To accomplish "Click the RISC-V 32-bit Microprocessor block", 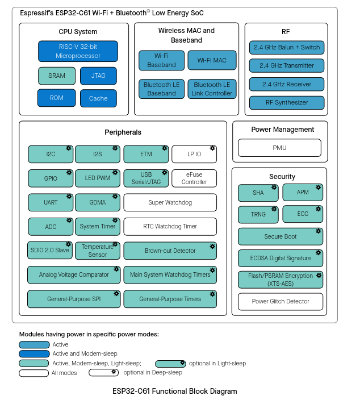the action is [78, 51].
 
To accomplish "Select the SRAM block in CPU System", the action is [57, 76].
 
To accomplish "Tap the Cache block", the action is [98, 98].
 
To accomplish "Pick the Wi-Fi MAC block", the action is [212, 60].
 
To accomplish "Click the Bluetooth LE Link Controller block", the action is [212, 89].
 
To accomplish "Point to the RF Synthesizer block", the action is [287, 102].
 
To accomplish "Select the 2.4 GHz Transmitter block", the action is [287, 65].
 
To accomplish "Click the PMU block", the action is [279, 148].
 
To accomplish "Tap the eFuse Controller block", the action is [194, 178].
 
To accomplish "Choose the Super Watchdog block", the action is [170, 202].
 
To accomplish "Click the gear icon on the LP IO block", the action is [212, 148].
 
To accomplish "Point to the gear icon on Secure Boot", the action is [319, 231].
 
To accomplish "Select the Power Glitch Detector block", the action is [281, 302].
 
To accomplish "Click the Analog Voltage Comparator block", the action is [74, 275].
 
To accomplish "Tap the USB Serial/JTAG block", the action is [146, 178].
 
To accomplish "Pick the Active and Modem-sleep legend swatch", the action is [34, 353].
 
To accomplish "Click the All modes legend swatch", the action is [34, 373].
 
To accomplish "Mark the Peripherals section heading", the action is [123, 132].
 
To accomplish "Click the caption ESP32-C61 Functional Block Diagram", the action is [174, 391].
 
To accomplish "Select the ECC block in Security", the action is [303, 214].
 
